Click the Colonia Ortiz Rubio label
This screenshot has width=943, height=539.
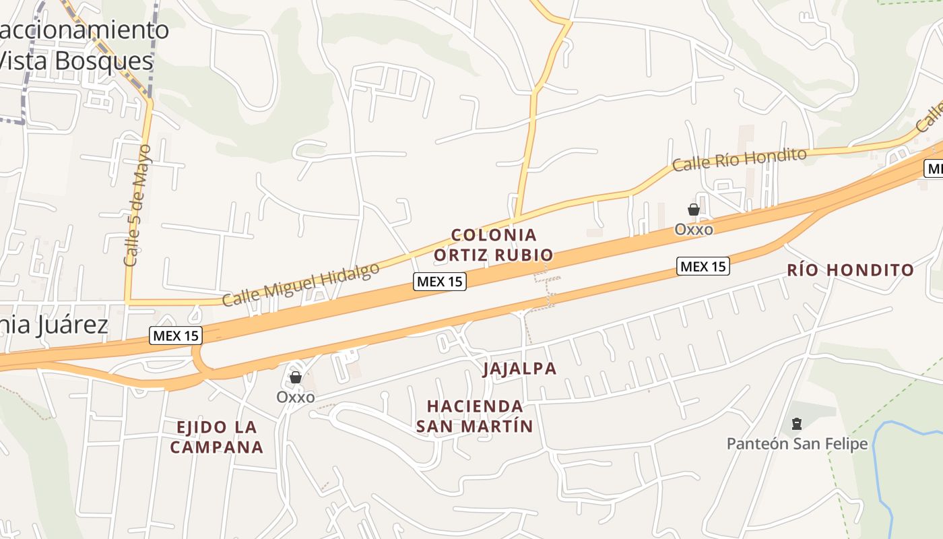point(494,245)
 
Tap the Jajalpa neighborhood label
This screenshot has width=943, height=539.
point(519,369)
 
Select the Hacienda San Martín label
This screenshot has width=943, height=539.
point(475,416)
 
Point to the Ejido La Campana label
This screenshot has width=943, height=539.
point(216,437)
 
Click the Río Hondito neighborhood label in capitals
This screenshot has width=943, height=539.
point(851,270)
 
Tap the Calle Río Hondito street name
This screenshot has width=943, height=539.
point(739,160)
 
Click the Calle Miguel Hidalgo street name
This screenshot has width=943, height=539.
point(300,284)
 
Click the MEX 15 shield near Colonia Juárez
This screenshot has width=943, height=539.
point(176,335)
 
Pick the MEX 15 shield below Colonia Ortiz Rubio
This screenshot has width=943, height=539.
point(440,281)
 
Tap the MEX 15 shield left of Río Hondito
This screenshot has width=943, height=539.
point(703,266)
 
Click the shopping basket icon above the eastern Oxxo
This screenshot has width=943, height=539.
point(693,210)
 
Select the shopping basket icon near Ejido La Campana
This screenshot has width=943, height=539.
point(295,377)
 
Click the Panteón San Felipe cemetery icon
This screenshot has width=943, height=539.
point(797,424)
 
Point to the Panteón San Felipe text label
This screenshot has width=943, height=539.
point(797,443)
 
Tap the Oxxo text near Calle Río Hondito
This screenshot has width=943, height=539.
point(694,230)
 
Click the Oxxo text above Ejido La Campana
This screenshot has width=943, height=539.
point(295,397)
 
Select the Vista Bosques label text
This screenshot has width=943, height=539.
point(75,61)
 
